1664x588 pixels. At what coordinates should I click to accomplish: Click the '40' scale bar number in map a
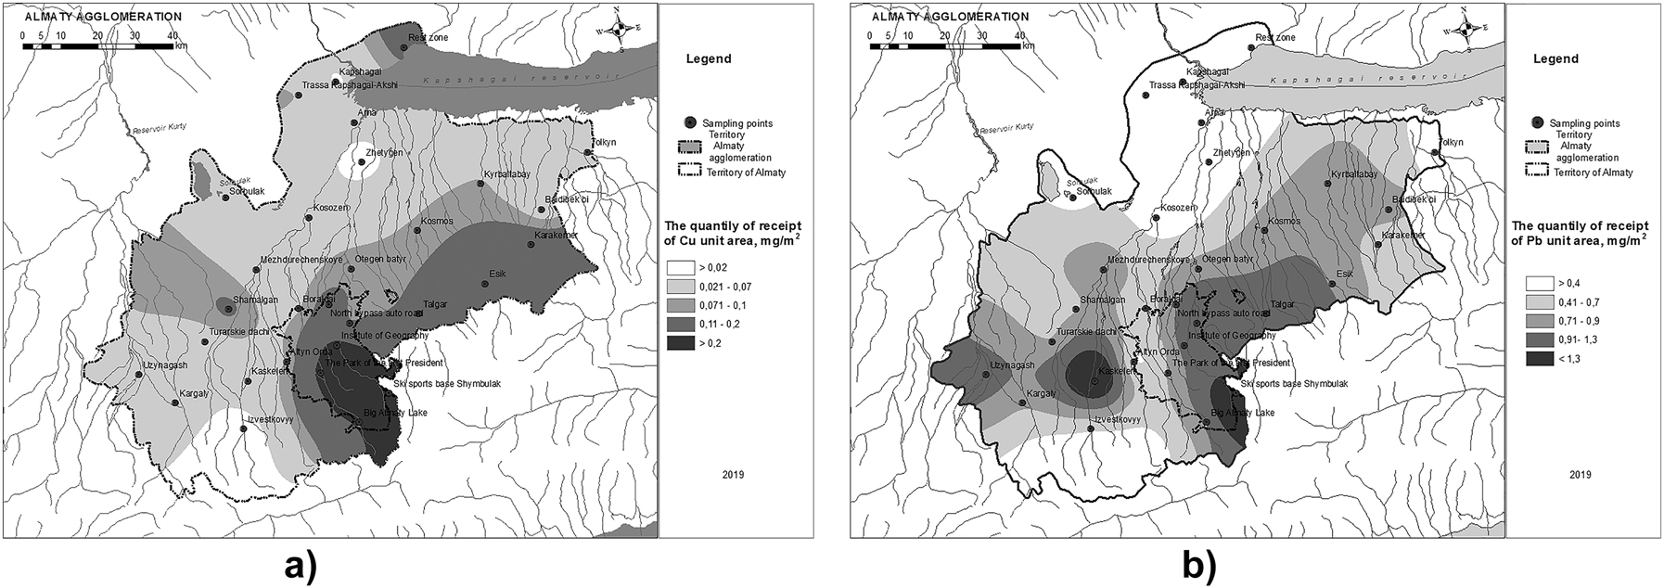click(x=173, y=35)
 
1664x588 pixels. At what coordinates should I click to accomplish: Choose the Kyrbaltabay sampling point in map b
click(x=1327, y=184)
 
